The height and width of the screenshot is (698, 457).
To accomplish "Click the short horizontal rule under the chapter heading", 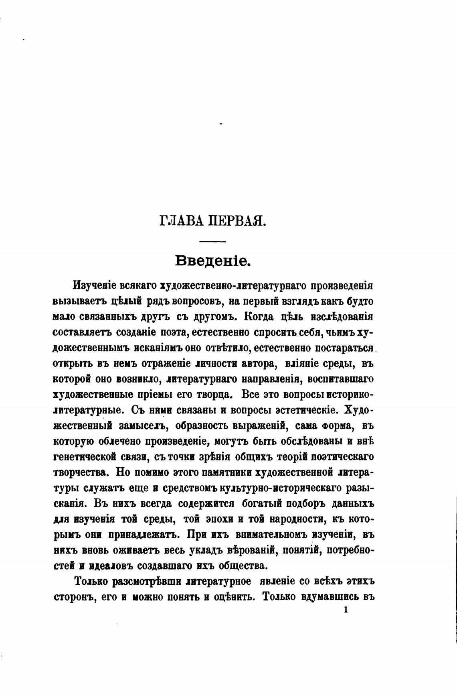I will (x=213, y=241).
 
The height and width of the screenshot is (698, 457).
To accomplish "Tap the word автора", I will (x=257, y=364).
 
